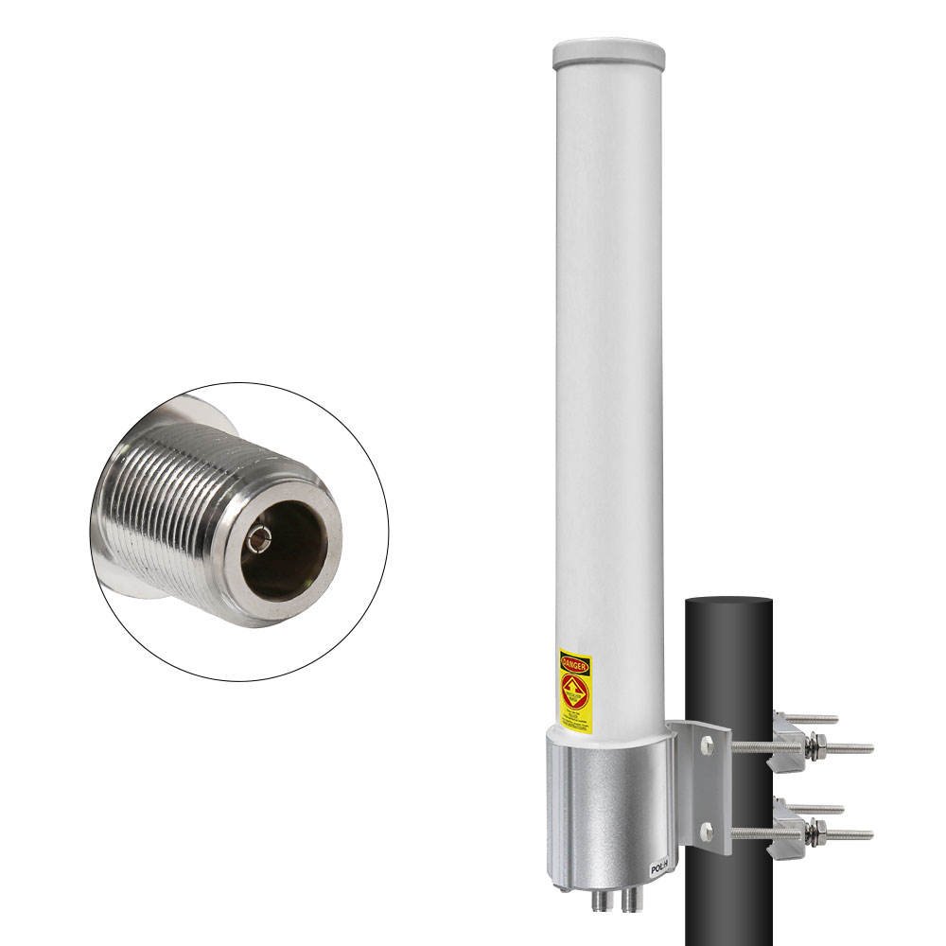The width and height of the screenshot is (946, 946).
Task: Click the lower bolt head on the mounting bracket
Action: (x=705, y=832)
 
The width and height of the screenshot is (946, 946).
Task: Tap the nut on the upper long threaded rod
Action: (x=812, y=747)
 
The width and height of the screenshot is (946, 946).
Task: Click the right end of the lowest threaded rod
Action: (x=867, y=834)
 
